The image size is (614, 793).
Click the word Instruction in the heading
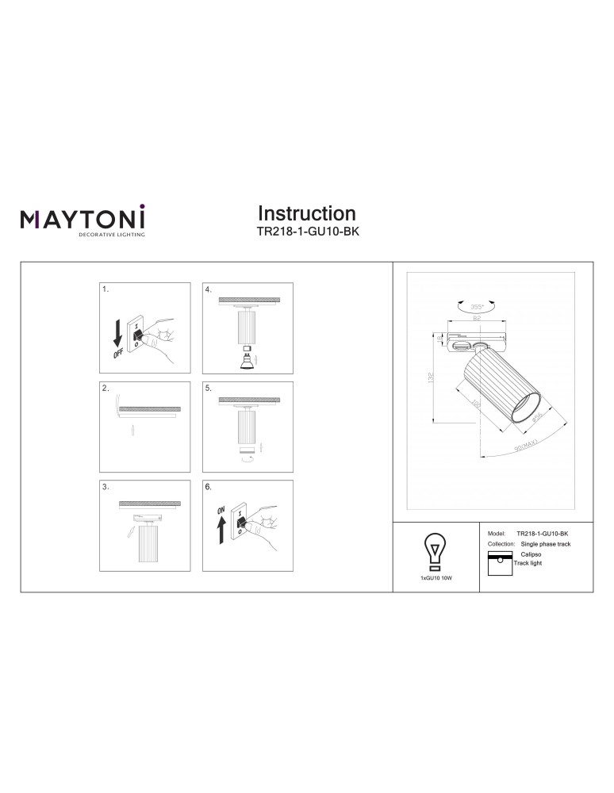(307, 213)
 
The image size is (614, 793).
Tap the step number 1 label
(106, 290)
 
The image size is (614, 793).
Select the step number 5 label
(208, 389)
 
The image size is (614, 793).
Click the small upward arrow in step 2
(133, 430)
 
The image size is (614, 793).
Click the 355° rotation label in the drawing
(477, 306)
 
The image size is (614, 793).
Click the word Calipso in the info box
(531, 555)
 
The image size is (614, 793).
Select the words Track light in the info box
(528, 563)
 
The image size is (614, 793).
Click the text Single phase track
(545, 545)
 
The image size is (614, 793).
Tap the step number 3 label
(106, 487)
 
